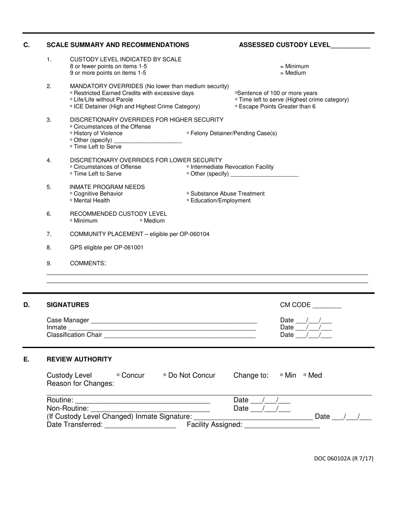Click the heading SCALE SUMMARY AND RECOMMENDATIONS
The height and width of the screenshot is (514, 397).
point(117,45)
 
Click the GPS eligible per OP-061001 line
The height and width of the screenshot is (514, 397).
point(107,247)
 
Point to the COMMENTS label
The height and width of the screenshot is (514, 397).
point(88,263)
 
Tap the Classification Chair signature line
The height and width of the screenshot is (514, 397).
point(180,336)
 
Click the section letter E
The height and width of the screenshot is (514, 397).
point(26,359)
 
